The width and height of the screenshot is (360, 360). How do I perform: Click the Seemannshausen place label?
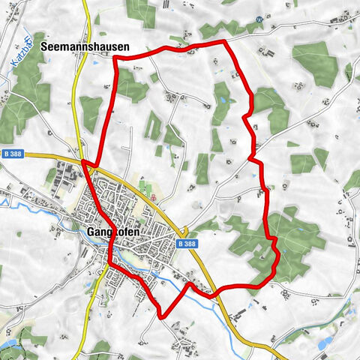(85, 46)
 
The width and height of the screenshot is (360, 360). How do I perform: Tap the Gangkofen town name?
(115, 232)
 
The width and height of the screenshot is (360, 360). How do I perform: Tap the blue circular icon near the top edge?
(259, 19)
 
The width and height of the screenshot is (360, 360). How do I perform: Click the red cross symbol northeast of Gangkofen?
(153, 197)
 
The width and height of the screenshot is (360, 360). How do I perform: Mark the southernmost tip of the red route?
(162, 317)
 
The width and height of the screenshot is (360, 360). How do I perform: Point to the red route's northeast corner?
(224, 42)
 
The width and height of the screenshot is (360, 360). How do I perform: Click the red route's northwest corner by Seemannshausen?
(115, 58)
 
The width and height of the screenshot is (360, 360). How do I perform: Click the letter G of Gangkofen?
(90, 232)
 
